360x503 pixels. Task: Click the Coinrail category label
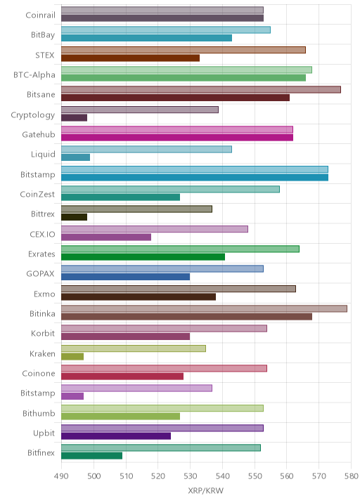[x=41, y=15]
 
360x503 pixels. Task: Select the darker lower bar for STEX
[x=130, y=58]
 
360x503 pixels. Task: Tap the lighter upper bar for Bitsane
[x=201, y=90]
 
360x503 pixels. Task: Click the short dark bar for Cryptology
[x=75, y=118]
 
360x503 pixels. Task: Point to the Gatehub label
[x=39, y=134]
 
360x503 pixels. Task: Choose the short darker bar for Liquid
[x=75, y=157]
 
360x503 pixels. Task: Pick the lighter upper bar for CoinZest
[x=171, y=189]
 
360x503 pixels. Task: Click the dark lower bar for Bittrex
[x=75, y=217]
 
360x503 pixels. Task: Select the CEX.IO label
[x=42, y=234]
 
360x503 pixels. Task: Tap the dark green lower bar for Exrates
[x=143, y=257]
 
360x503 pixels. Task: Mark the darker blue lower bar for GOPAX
[x=126, y=277]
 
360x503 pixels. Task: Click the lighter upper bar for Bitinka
[x=204, y=308]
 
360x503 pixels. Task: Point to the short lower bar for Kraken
[x=72, y=356]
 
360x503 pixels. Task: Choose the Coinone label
[x=39, y=374]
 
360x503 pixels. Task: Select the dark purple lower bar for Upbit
[x=116, y=436]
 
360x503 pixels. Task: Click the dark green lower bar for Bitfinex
[x=92, y=456]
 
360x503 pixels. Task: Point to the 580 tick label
[x=351, y=476]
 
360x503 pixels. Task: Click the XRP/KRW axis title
[x=206, y=490]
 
